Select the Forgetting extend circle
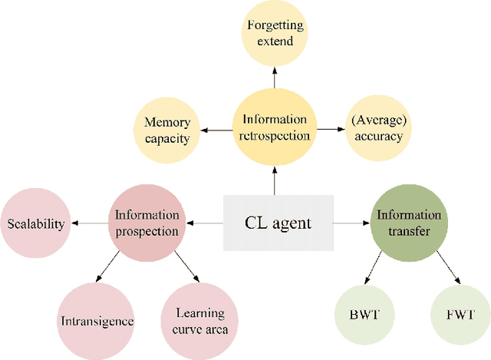(x=275, y=32)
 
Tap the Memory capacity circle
(x=167, y=129)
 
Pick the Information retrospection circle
(x=275, y=127)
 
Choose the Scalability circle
(x=36, y=224)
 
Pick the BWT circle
(x=360, y=315)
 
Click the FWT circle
(x=458, y=315)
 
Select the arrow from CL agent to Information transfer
(x=351, y=223)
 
